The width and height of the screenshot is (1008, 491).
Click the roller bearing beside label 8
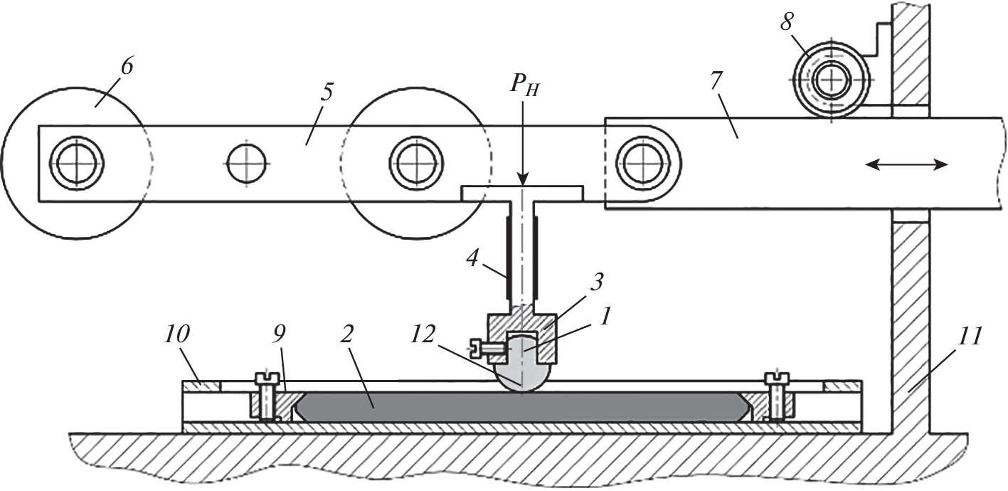point(830,80)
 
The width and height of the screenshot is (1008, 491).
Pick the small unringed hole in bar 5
point(247,163)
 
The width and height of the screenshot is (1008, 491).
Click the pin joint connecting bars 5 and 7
point(637,163)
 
